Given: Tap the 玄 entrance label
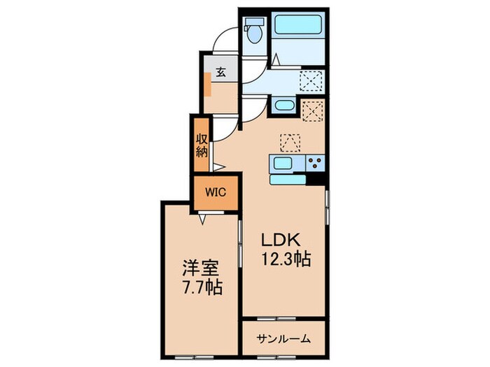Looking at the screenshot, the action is tap(220, 73).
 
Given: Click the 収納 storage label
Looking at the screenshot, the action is tap(202, 145).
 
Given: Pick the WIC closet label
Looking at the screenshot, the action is tap(216, 192).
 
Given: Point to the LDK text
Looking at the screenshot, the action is tap(280, 240).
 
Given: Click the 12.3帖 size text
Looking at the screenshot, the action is tap(286, 259).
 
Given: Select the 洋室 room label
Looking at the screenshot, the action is tap(202, 268).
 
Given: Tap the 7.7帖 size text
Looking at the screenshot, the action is tap(202, 288).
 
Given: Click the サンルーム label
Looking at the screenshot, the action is tap(283, 338).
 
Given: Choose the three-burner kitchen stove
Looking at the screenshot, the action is tap(315, 163).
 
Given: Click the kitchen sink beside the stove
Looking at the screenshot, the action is tap(283, 163).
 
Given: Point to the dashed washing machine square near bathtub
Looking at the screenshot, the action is tap(311, 81).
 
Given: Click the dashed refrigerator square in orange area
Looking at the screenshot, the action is tap(312, 110).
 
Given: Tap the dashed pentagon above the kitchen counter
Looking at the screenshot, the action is tap(290, 143).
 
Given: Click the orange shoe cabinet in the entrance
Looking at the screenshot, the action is tap(208, 85).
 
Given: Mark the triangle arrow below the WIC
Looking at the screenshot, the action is tap(202, 220).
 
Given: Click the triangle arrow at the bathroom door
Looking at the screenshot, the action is tap(276, 59).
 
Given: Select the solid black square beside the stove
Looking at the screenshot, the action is tap(315, 179).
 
